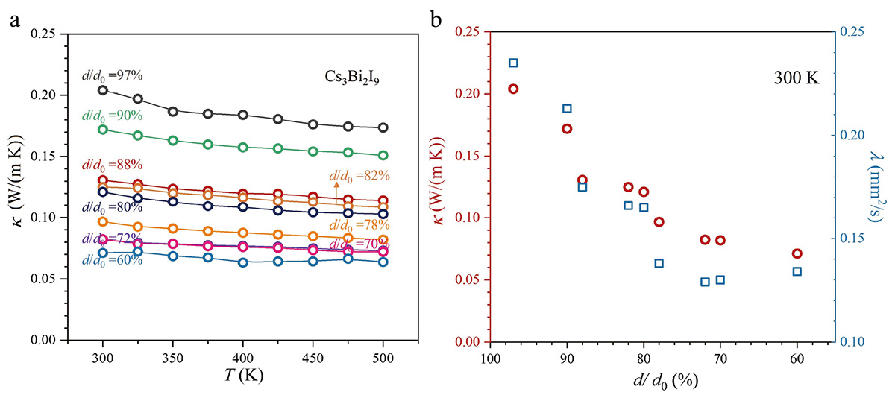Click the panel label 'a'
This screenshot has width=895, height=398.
pyautogui.click(x=14, y=21)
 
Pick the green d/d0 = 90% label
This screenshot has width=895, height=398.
pyautogui.click(x=112, y=116)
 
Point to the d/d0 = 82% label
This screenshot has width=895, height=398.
pyautogui.click(x=359, y=176)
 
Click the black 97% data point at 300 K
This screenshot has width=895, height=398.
pyautogui.click(x=103, y=90)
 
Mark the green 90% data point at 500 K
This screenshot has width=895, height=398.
pyautogui.click(x=383, y=156)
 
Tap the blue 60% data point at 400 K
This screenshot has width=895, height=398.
pyautogui.click(x=243, y=262)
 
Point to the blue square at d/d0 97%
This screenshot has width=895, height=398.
pyautogui.click(x=513, y=63)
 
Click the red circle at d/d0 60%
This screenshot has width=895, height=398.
pyautogui.click(x=797, y=254)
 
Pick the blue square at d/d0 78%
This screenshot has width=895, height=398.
pyautogui.click(x=659, y=263)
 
